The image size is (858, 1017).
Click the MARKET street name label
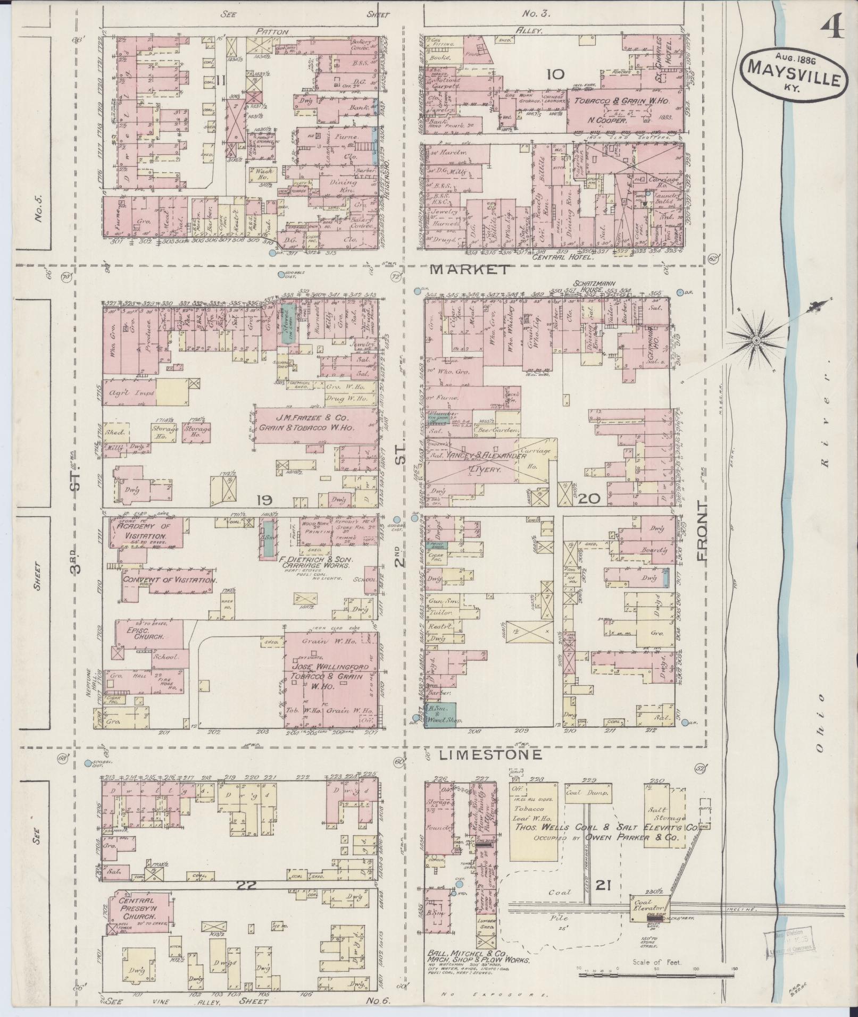click(x=469, y=270)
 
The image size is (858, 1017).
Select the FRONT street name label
click(x=704, y=531)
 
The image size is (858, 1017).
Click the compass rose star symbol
click(x=755, y=339)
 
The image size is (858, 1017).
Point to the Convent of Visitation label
click(x=169, y=580)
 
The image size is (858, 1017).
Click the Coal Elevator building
click(x=647, y=905)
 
